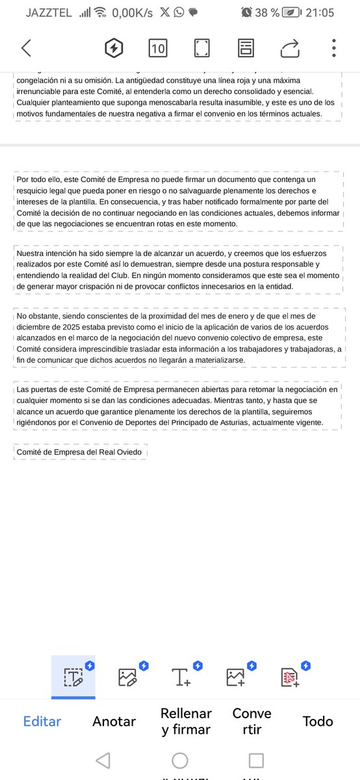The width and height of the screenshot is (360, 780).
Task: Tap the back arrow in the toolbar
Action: (x=26, y=47)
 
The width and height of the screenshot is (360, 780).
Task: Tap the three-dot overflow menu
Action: (x=333, y=47)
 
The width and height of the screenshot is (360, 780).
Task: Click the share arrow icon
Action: (x=290, y=47)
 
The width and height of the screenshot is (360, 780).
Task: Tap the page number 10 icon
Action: (x=157, y=47)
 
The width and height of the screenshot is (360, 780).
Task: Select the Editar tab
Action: (x=42, y=721)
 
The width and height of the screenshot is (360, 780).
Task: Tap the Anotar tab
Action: (x=114, y=721)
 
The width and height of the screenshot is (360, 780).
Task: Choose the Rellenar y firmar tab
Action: (x=186, y=721)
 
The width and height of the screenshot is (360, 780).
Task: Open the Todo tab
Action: (x=318, y=721)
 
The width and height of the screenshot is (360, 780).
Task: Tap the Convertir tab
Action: (x=251, y=721)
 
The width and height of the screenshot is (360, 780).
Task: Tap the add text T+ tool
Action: (x=181, y=677)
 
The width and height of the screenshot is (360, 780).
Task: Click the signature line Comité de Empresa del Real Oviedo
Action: (x=79, y=452)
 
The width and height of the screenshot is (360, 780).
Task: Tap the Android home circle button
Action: (x=180, y=760)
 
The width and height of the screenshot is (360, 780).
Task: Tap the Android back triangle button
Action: (x=103, y=760)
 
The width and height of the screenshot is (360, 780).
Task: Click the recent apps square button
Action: (x=257, y=760)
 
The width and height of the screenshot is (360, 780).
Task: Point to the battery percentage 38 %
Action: (x=267, y=12)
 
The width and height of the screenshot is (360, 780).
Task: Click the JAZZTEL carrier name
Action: (x=49, y=12)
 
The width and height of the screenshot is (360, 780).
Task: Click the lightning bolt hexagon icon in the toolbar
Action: (x=114, y=47)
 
